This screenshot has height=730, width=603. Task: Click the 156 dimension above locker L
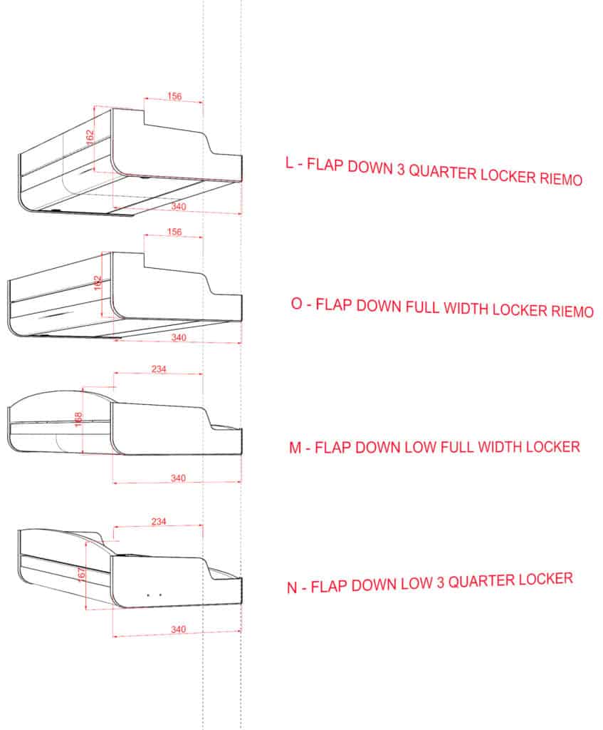pos(174,96)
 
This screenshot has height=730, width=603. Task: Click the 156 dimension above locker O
pos(174,232)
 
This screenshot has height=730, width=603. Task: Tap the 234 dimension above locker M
pos(159,369)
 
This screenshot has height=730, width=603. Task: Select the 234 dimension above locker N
pos(159,521)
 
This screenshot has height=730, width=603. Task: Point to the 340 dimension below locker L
pos(179,206)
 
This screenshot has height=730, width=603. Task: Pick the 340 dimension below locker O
pos(179,337)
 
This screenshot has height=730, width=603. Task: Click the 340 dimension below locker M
pos(178,478)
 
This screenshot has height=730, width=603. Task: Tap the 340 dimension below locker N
pos(178,629)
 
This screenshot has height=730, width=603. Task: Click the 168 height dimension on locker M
pos(78,419)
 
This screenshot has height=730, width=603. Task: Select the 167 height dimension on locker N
pos(81,574)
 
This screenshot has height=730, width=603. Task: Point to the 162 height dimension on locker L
pos(90,137)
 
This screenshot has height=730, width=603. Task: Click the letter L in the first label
pos(290,163)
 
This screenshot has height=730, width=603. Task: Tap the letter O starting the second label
pos(297,304)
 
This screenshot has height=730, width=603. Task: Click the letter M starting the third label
pos(295,448)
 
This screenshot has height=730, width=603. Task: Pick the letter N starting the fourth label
pos(292,587)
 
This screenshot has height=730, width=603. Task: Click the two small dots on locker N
pos(154,595)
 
